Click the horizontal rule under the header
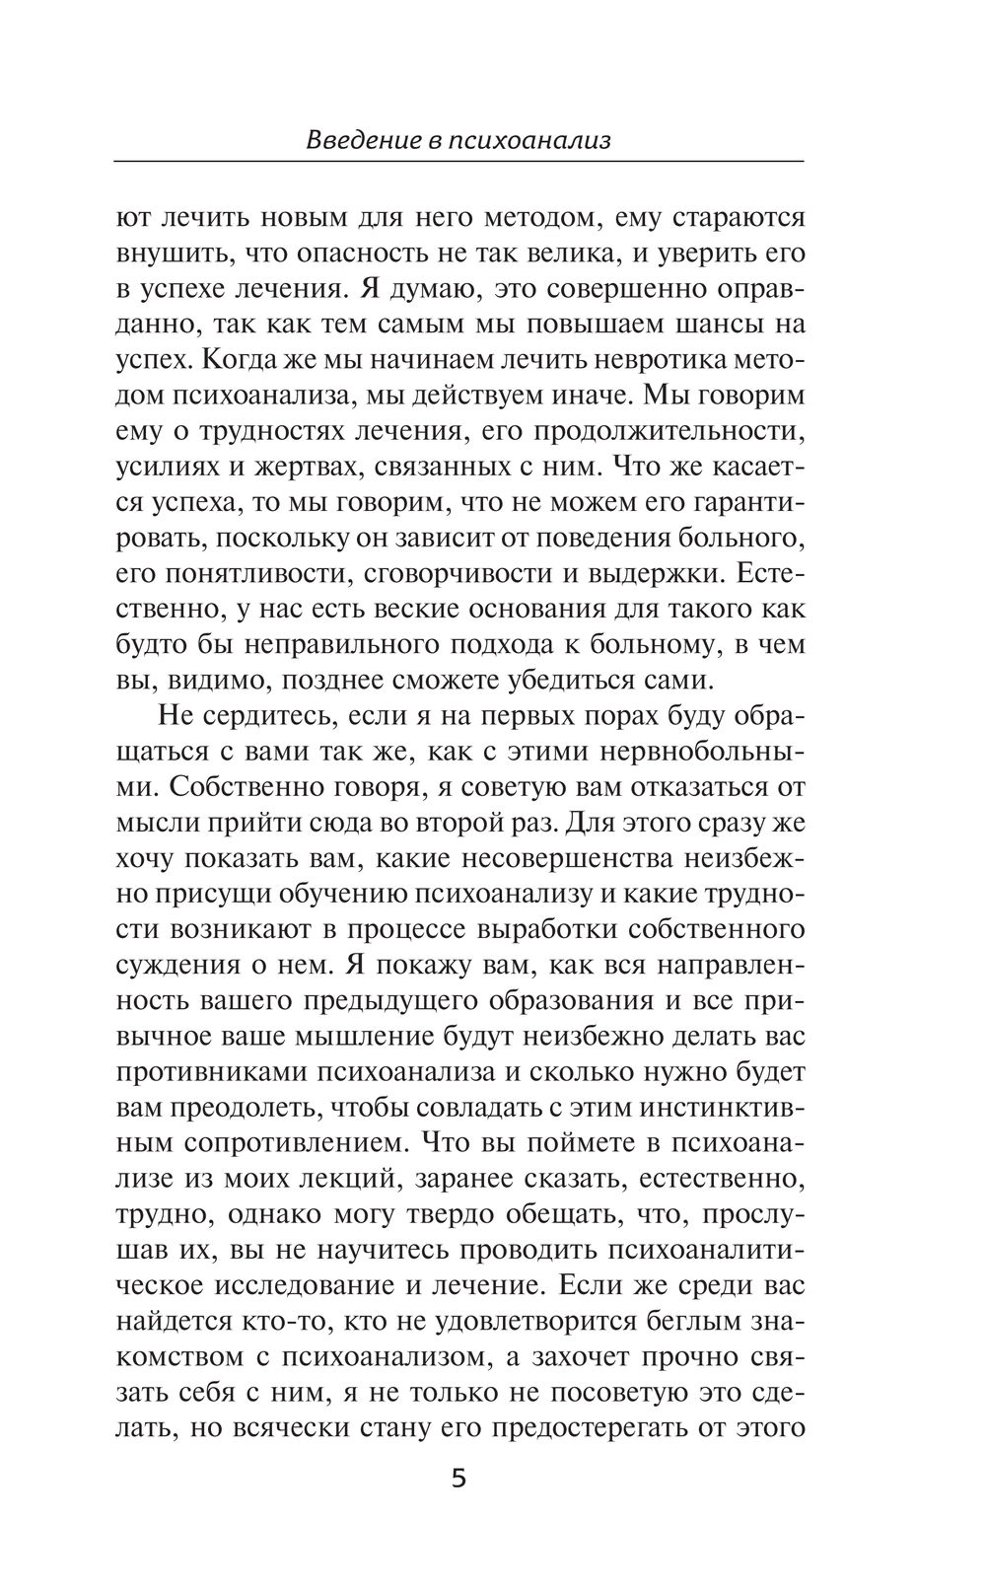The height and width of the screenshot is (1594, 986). tap(458, 161)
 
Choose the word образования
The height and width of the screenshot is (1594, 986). tap(566, 1000)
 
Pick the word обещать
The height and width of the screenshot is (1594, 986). tap(578, 1213)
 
